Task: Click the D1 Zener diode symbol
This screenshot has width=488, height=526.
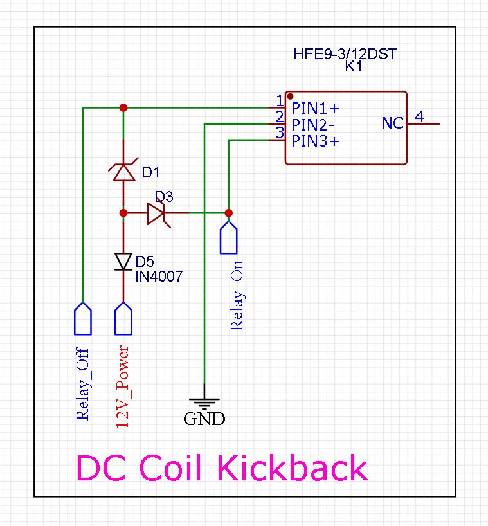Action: click(x=123, y=172)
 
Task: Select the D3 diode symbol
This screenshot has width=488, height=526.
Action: click(x=156, y=213)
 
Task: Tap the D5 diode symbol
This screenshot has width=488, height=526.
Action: click(x=123, y=261)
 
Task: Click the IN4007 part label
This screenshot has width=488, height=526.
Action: click(x=159, y=277)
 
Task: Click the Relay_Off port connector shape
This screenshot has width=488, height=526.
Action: click(x=83, y=318)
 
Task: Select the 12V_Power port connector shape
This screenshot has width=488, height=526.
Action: click(x=123, y=318)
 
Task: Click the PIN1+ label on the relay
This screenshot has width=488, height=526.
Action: click(x=315, y=107)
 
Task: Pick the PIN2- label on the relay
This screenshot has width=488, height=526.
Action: click(x=312, y=124)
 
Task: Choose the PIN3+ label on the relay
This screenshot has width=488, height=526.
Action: click(x=315, y=141)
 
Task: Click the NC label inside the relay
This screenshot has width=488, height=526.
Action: click(x=392, y=123)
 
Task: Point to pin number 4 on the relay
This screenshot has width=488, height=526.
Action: click(x=419, y=116)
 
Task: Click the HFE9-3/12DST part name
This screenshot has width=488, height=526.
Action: click(x=345, y=55)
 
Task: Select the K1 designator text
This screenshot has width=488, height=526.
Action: click(x=354, y=67)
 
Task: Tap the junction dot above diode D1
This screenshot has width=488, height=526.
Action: click(x=123, y=107)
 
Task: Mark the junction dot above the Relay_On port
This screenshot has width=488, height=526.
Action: click(x=228, y=213)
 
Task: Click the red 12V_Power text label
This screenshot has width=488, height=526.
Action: click(x=122, y=386)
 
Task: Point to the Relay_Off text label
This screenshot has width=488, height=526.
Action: click(x=82, y=385)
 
